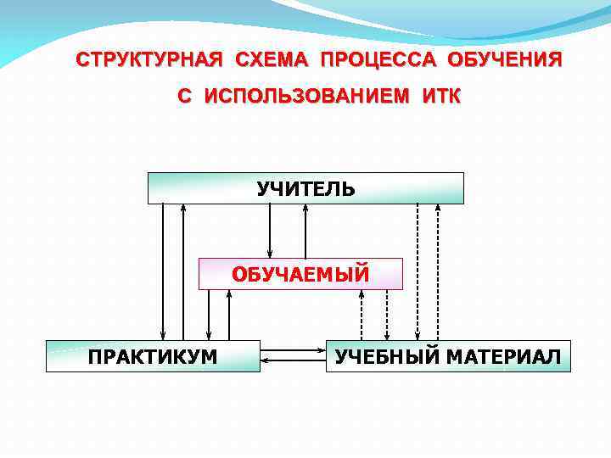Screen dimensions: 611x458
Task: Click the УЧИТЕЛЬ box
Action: point(305,188)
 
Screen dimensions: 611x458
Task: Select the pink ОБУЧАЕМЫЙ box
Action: point(300,274)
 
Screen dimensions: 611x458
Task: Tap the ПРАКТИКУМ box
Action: point(153,356)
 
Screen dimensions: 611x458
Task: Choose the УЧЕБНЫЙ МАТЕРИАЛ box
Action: point(448,356)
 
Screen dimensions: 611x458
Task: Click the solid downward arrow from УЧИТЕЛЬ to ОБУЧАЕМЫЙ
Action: point(270,231)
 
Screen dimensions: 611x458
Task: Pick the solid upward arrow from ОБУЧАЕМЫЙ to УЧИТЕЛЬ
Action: point(305,231)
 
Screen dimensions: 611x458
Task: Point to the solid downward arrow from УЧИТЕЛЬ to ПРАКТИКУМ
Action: point(164,271)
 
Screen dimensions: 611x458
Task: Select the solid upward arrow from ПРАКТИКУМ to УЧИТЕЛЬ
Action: point(182,271)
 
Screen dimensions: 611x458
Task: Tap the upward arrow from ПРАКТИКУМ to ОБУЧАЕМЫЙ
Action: point(229,316)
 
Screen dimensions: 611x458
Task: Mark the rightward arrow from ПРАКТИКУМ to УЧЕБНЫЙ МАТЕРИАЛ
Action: point(293,351)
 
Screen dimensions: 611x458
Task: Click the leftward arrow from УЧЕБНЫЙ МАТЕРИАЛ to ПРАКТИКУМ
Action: point(293,361)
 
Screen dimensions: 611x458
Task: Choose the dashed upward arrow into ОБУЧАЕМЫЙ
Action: point(362,316)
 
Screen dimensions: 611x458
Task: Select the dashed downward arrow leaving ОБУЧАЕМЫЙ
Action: point(386,316)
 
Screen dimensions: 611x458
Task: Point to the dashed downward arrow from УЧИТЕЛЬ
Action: point(417,271)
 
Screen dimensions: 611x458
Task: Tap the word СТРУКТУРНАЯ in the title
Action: point(149,61)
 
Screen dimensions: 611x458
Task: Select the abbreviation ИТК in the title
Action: point(439,97)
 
